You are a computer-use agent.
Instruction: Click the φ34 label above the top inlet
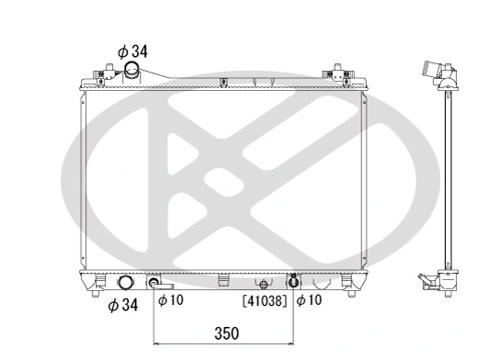click(x=131, y=51)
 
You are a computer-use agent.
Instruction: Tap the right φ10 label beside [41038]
click(x=308, y=299)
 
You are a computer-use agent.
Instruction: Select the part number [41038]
click(x=265, y=299)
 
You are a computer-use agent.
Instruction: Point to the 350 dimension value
click(x=223, y=335)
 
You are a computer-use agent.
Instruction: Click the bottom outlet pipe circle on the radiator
click(x=125, y=283)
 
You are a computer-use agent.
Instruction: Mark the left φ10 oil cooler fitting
click(x=154, y=282)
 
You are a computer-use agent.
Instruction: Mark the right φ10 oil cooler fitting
click(x=293, y=280)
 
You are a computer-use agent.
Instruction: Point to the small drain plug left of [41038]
click(x=263, y=284)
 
